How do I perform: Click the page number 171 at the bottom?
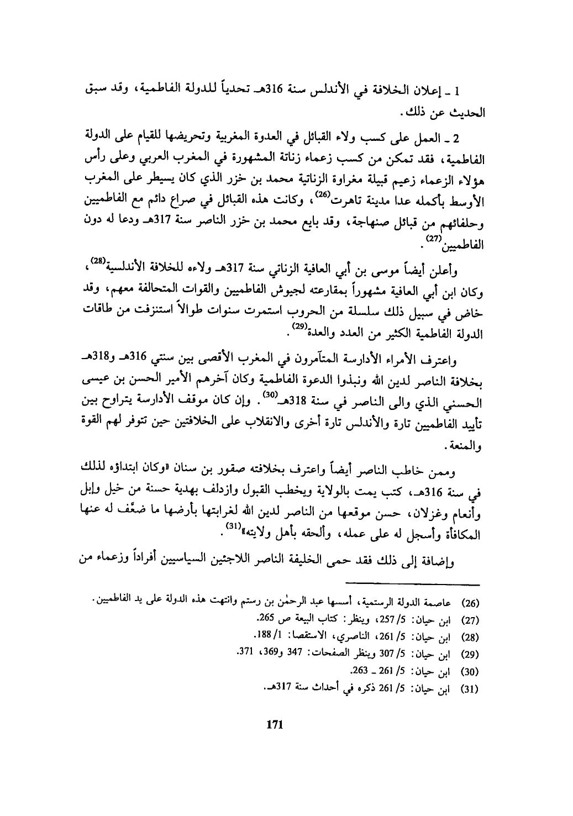click(x=275, y=725)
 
